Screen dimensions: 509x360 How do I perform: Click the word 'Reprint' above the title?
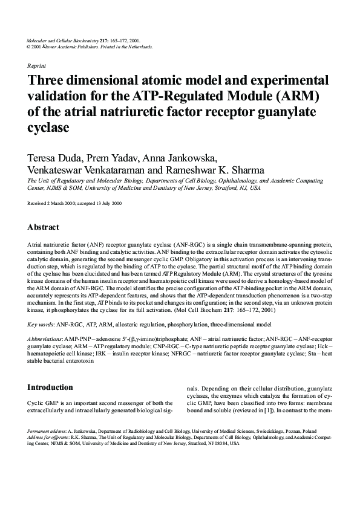(37, 65)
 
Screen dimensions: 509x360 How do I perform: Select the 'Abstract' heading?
(43, 227)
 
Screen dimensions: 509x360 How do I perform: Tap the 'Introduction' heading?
(50, 387)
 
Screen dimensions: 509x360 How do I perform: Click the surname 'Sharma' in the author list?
(243, 172)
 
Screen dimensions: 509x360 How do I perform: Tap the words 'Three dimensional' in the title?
(83, 81)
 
